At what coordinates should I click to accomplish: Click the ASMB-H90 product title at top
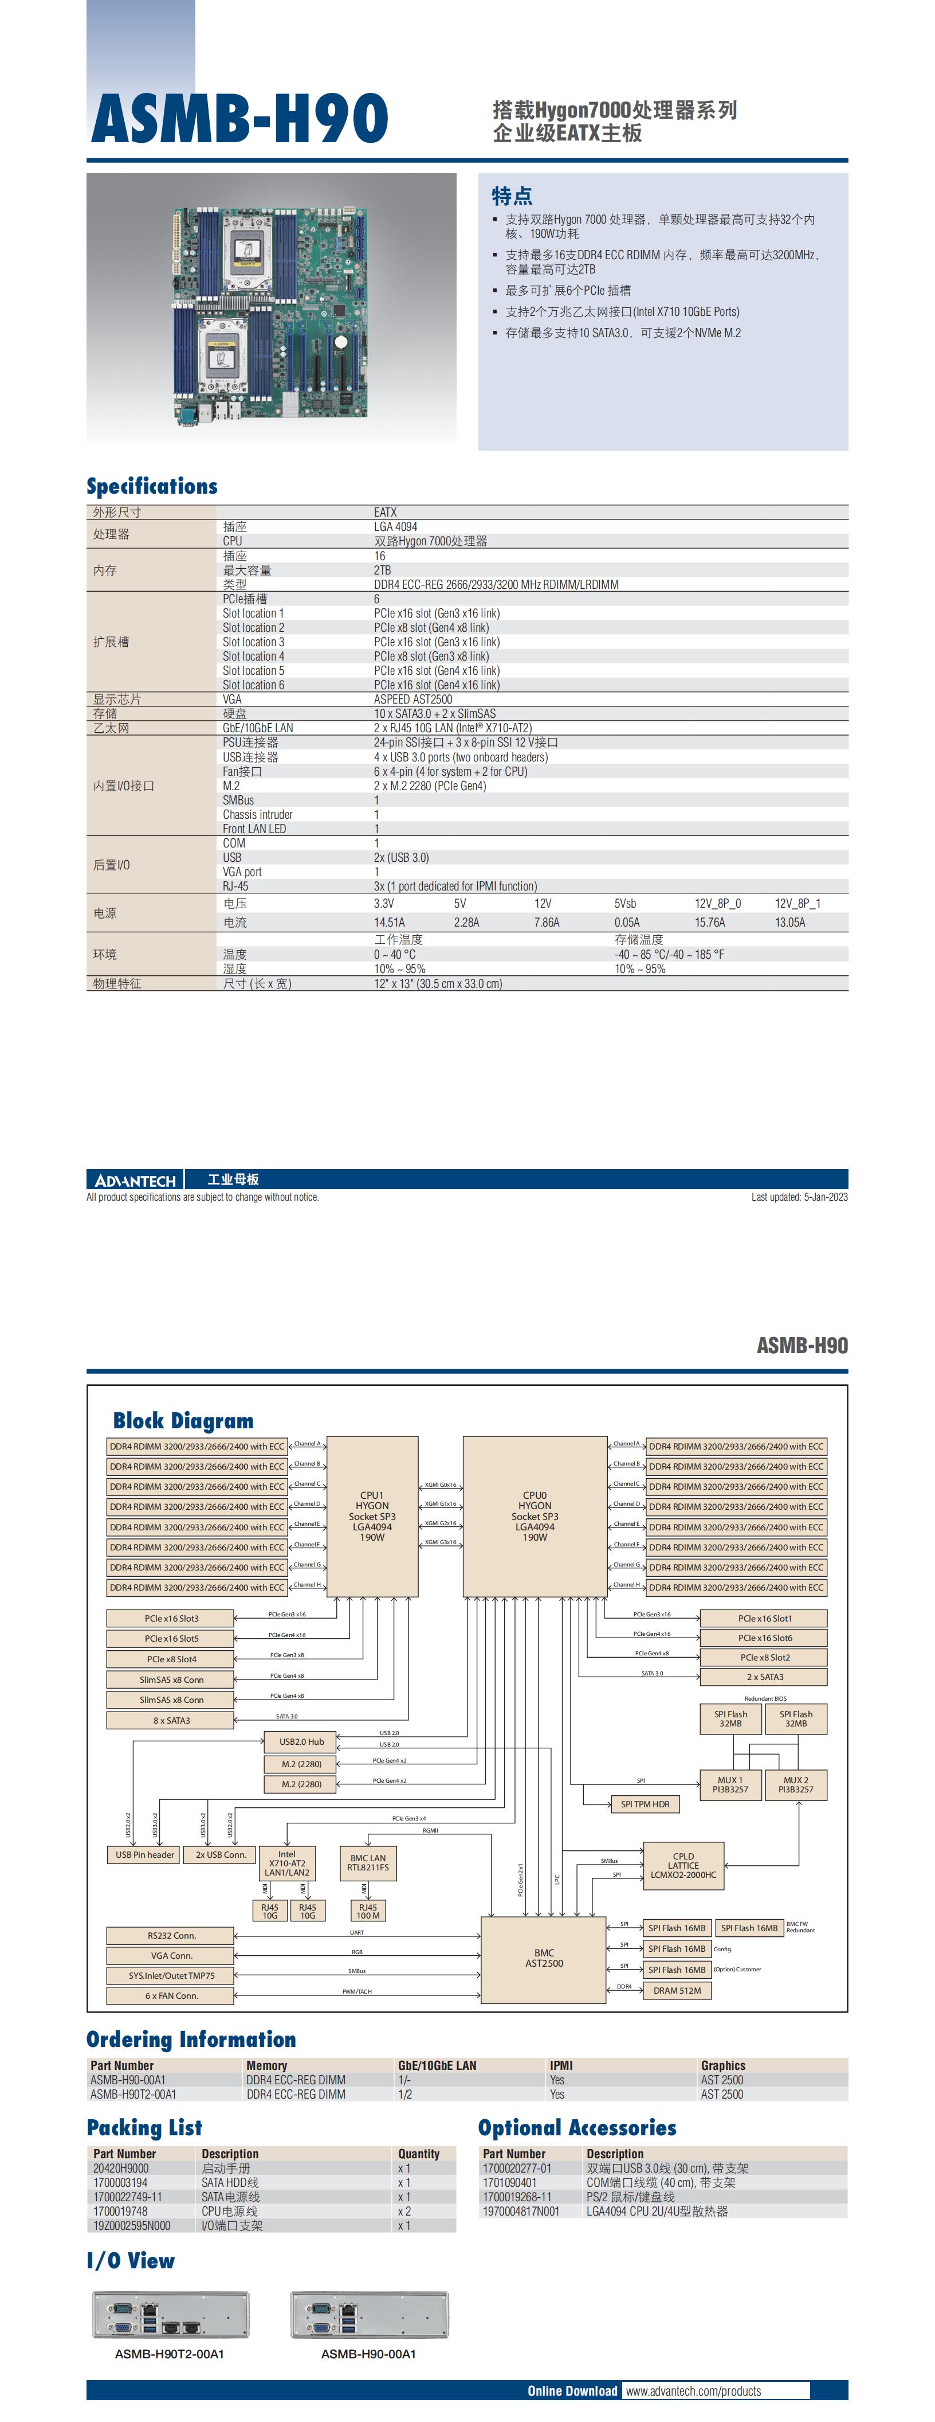(x=239, y=119)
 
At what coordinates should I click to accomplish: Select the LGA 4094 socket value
(x=396, y=526)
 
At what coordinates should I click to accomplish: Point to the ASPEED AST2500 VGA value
(x=412, y=698)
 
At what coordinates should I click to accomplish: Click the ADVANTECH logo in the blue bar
(x=135, y=1180)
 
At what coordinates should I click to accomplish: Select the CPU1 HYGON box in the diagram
(x=372, y=1515)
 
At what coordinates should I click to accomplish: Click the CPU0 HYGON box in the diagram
(x=535, y=1515)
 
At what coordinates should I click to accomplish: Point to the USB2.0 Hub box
(x=301, y=1741)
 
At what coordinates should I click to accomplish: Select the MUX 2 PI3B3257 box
(x=795, y=1784)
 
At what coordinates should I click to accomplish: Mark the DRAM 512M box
(x=677, y=1990)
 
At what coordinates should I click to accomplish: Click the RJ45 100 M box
(x=367, y=1911)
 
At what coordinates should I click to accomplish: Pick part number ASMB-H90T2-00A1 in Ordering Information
(x=133, y=2094)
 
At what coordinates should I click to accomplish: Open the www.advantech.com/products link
(x=693, y=2390)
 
